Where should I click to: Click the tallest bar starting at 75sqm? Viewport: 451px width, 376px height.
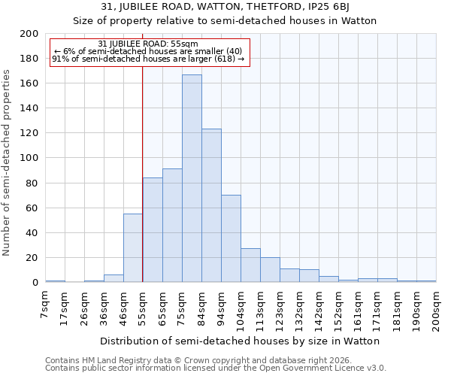point(192,178)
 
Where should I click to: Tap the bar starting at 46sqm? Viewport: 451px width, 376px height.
point(133,248)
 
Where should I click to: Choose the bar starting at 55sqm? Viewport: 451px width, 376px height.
point(153,229)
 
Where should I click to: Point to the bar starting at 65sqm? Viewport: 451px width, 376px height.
point(172,226)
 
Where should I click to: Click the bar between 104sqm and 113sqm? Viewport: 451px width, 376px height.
point(250,265)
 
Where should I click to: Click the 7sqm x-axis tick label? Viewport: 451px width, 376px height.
point(46,305)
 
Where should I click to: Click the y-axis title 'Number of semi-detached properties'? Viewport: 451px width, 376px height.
point(7,162)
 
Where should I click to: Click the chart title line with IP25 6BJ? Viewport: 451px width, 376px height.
point(225,7)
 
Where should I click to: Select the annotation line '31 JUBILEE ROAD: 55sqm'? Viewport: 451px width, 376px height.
point(148,44)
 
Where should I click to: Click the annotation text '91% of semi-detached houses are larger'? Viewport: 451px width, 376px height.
point(148,59)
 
